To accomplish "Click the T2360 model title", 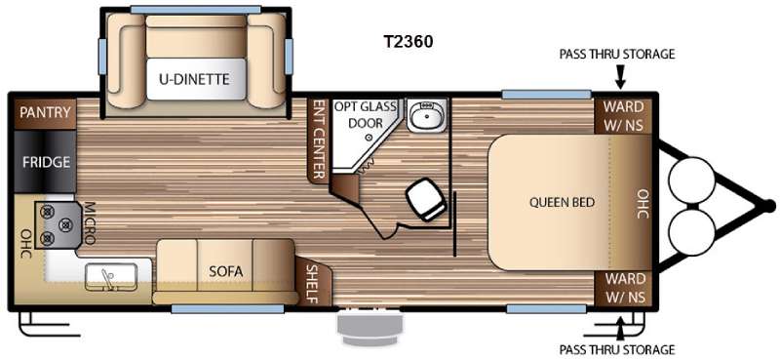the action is coord(408,42).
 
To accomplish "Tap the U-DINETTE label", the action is coord(194,79).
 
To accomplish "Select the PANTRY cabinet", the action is coord(45,112).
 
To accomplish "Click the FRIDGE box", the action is coord(45,162).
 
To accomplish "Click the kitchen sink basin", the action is coord(111,277).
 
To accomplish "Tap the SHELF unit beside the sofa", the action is coord(311,280).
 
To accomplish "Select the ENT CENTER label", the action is coord(319,140).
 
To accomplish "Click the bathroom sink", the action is coord(426,114).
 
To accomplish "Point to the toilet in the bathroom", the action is coord(425,199).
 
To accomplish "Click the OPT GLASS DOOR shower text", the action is coord(365,114).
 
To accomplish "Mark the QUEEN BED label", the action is coord(562,203).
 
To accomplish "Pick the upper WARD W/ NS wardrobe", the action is coord(624,115).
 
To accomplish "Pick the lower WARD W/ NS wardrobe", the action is coord(624,289).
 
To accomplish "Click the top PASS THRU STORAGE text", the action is coord(617,55).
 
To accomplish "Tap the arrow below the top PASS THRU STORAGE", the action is coord(620,78).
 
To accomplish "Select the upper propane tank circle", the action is coord(692,180).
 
